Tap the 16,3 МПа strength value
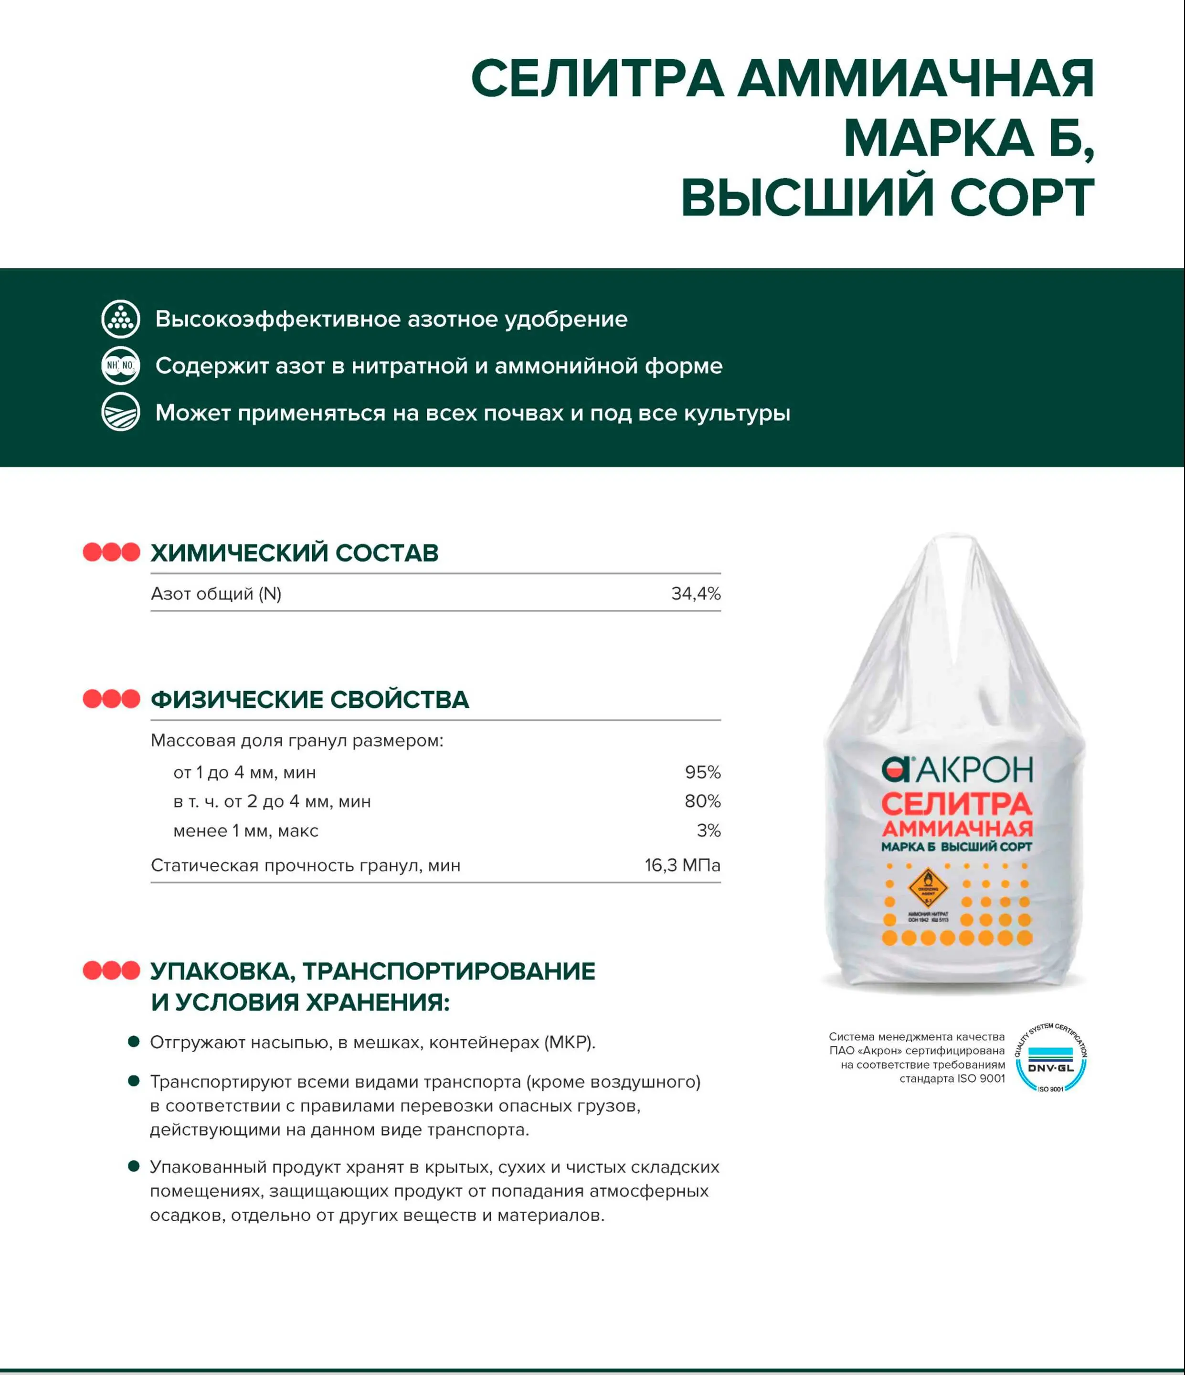click(682, 865)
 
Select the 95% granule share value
click(703, 772)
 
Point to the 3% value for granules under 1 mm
click(709, 831)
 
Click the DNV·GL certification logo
click(1050, 1058)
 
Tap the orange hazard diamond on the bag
click(928, 887)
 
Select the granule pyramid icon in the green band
click(121, 319)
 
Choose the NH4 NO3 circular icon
click(121, 366)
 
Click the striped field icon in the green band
click(121, 413)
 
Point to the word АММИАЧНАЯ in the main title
click(916, 79)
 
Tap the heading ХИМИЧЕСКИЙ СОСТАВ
click(295, 553)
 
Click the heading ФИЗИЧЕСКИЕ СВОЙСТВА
click(310, 700)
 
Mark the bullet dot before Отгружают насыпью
click(133, 1042)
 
